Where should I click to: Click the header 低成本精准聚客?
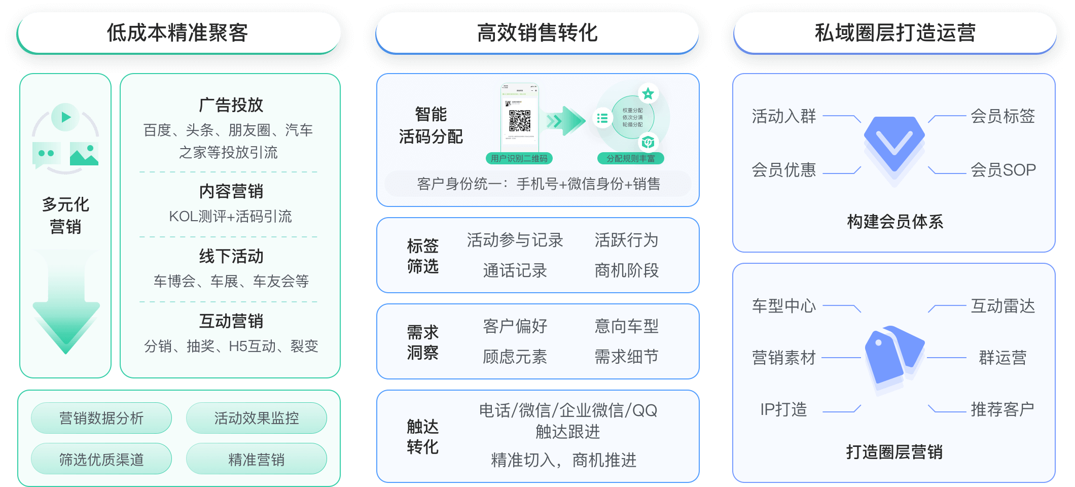click(x=178, y=33)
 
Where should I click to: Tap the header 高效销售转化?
click(x=537, y=33)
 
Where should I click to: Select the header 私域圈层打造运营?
click(x=895, y=33)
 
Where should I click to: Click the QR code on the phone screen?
click(x=520, y=121)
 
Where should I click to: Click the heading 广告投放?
click(x=231, y=105)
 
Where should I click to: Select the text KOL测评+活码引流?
click(x=230, y=217)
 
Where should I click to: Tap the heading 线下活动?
click(x=231, y=256)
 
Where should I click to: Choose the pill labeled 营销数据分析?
click(x=101, y=418)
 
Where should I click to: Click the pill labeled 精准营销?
click(x=256, y=460)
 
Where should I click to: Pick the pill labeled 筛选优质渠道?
click(x=101, y=460)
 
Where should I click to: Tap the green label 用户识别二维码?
click(x=519, y=158)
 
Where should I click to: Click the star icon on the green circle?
click(x=648, y=93)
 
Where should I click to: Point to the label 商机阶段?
click(x=626, y=270)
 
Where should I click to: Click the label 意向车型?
click(x=626, y=326)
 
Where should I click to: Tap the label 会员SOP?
click(x=1002, y=170)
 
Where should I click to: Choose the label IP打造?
click(x=783, y=409)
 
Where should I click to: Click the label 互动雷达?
click(x=1002, y=306)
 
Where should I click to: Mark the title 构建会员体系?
click(x=895, y=222)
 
